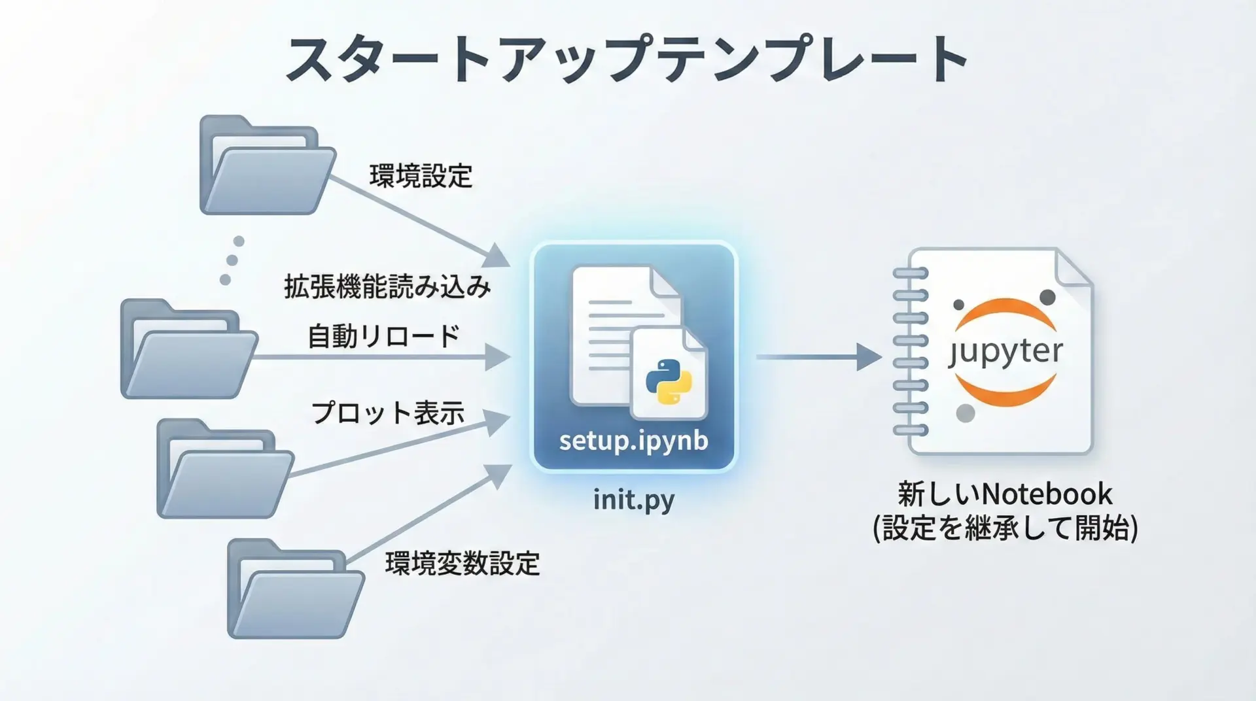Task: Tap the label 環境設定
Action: [421, 176]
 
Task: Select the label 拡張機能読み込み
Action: [387, 286]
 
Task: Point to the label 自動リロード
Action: [384, 336]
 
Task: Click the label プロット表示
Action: [388, 413]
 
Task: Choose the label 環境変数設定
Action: [462, 564]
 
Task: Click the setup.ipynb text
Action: [633, 441]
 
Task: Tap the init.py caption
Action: [633, 500]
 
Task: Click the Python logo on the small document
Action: [669, 381]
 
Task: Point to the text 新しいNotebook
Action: [1005, 494]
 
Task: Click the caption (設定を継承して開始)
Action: [1005, 528]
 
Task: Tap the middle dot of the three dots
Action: [232, 260]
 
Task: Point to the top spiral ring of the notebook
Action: [910, 273]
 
